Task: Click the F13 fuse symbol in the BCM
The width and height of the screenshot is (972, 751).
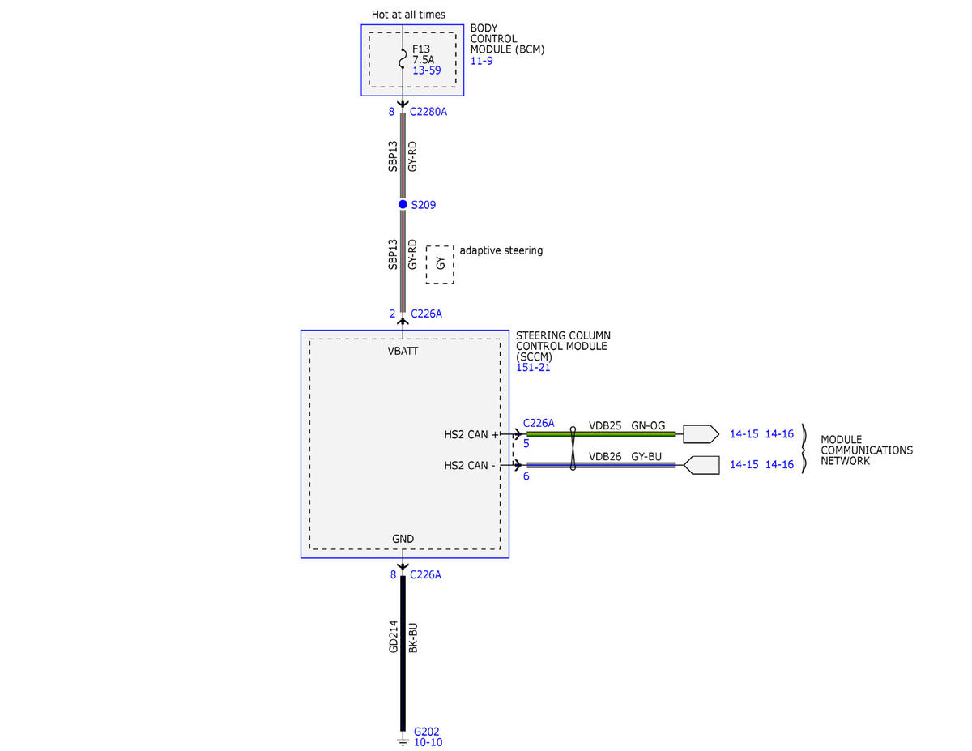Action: pyautogui.click(x=402, y=58)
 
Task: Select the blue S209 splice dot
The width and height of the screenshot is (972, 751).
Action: pyautogui.click(x=403, y=204)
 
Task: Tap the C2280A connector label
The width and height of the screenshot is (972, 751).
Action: pyautogui.click(x=428, y=112)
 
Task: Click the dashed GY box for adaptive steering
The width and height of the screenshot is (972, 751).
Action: pyautogui.click(x=440, y=264)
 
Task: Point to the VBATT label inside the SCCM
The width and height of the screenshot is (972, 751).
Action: pyautogui.click(x=403, y=351)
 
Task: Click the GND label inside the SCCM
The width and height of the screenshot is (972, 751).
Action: pyautogui.click(x=403, y=539)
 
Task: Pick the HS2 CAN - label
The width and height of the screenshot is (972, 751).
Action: pyautogui.click(x=469, y=466)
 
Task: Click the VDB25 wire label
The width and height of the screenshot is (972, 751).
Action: pyautogui.click(x=605, y=425)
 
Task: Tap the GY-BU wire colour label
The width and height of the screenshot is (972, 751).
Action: pyautogui.click(x=646, y=457)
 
